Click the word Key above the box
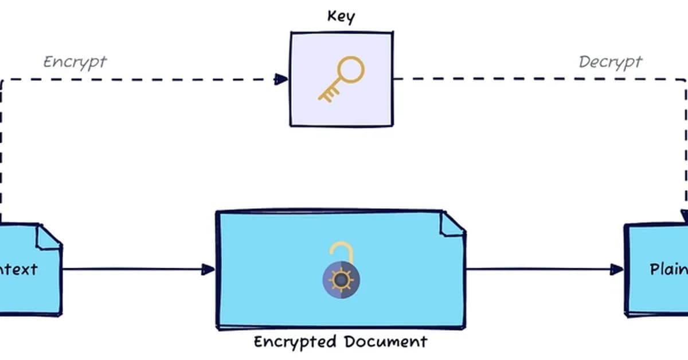[341, 16]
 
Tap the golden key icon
[341, 79]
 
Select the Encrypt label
[75, 62]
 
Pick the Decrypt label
[610, 62]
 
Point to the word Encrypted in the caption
[295, 342]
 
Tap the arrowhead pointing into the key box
[282, 79]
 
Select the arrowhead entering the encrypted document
[209, 269]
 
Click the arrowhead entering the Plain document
[617, 269]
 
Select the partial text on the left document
[19, 269]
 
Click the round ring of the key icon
[350, 70]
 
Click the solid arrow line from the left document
[132, 269]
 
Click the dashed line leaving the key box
[487, 79]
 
